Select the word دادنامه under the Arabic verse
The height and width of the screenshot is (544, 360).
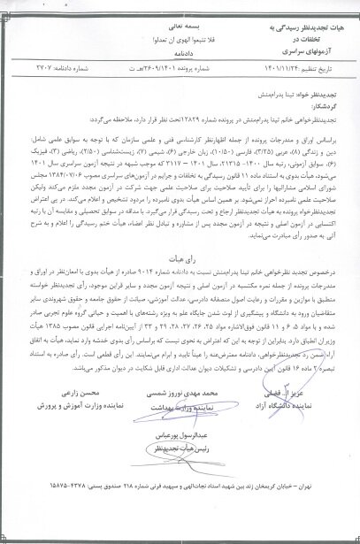pyautogui.click(x=181, y=52)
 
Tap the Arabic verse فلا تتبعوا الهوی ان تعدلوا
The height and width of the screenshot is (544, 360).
pyautogui.click(x=181, y=41)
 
